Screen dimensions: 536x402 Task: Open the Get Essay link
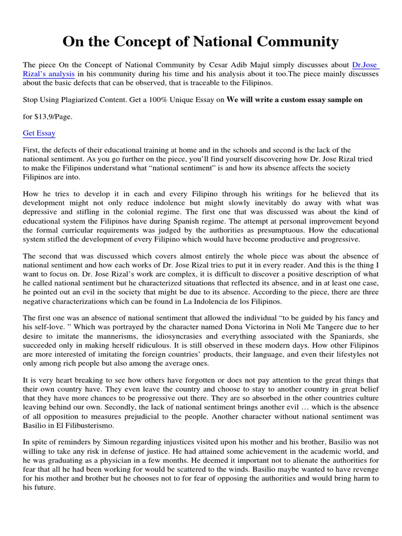point(39,133)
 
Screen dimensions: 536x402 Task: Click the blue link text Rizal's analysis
point(48,74)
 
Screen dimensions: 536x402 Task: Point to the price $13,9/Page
point(50,117)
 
